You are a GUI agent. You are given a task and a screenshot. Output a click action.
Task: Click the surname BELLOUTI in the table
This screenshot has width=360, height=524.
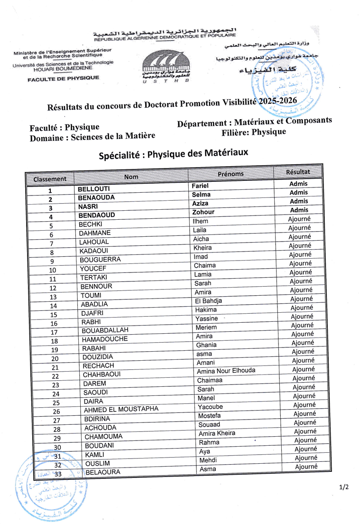94,189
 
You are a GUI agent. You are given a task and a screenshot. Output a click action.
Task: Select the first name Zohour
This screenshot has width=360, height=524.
203,212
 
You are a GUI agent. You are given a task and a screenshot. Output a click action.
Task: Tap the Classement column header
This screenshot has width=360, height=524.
50,179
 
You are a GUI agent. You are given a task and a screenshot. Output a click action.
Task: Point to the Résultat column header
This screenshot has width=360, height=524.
298,172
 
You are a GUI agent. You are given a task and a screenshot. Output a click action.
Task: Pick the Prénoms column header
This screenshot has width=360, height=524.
231,174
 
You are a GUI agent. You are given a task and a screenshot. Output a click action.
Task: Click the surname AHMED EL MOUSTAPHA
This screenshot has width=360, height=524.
121,410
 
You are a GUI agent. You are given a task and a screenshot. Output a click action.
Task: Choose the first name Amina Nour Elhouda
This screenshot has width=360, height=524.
226,371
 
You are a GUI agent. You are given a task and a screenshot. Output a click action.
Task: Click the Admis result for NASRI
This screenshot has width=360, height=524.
299,201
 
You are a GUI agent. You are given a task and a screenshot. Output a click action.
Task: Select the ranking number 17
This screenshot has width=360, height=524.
54,332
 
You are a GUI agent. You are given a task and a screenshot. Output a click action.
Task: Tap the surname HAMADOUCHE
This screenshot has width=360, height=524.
105,339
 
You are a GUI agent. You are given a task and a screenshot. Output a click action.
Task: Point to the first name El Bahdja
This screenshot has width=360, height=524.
208,301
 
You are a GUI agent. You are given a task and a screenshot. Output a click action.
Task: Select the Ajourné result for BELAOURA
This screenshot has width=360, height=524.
306,467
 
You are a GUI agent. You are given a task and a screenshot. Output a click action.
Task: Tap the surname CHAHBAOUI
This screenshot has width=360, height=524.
102,374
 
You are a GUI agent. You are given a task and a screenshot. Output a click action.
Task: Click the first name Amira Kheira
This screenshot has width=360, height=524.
217,433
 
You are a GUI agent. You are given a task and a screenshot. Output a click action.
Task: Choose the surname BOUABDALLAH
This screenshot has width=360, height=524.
105,330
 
